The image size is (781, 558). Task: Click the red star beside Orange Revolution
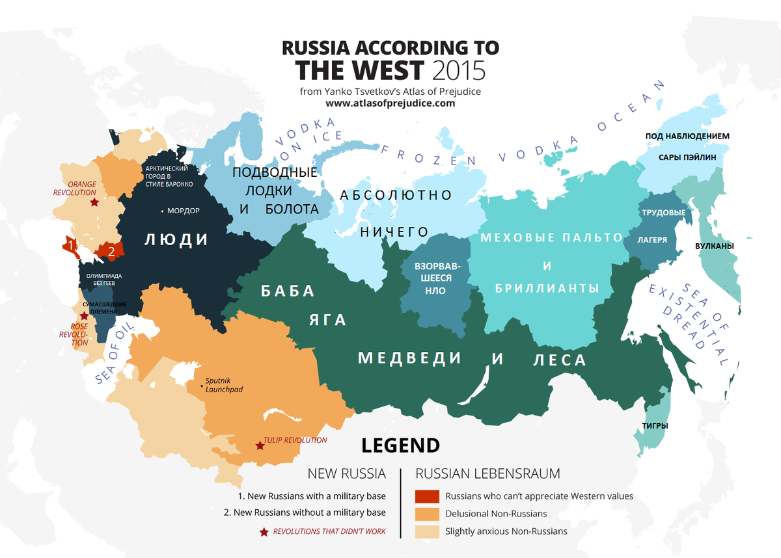(94, 202)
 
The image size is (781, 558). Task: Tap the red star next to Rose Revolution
(84, 315)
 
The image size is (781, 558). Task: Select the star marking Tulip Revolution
(260, 445)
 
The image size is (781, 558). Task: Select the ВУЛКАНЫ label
(714, 246)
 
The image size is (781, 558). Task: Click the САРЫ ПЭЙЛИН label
(687, 157)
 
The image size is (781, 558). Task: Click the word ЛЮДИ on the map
(176, 240)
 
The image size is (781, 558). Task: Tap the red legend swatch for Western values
(426, 496)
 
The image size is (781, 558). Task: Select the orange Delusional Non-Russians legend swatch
(426, 514)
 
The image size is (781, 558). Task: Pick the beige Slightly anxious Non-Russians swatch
(426, 531)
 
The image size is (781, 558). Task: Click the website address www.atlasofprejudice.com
(390, 103)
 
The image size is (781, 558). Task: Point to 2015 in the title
(457, 70)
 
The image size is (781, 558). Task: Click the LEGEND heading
(400, 445)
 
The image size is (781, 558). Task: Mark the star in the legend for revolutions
(264, 532)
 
